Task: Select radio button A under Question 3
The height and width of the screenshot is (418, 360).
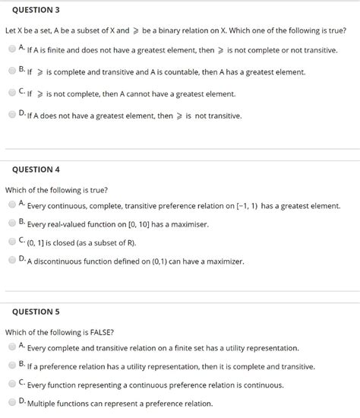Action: (12, 49)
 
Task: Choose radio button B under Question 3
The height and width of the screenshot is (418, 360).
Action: (12, 71)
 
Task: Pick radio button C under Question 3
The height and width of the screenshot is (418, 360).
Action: (12, 93)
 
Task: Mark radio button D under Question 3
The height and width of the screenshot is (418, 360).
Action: (12, 115)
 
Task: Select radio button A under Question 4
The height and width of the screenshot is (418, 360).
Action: (12, 204)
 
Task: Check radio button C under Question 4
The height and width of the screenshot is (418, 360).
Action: (12, 241)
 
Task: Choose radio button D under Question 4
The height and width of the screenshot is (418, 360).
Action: (12, 260)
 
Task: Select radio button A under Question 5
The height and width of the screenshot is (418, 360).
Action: (12, 347)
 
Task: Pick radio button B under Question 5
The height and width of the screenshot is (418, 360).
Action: (12, 365)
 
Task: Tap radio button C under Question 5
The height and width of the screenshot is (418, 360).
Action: (12, 383)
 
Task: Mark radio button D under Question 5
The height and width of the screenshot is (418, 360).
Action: (12, 401)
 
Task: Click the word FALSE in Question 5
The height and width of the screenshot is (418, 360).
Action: (99, 331)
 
